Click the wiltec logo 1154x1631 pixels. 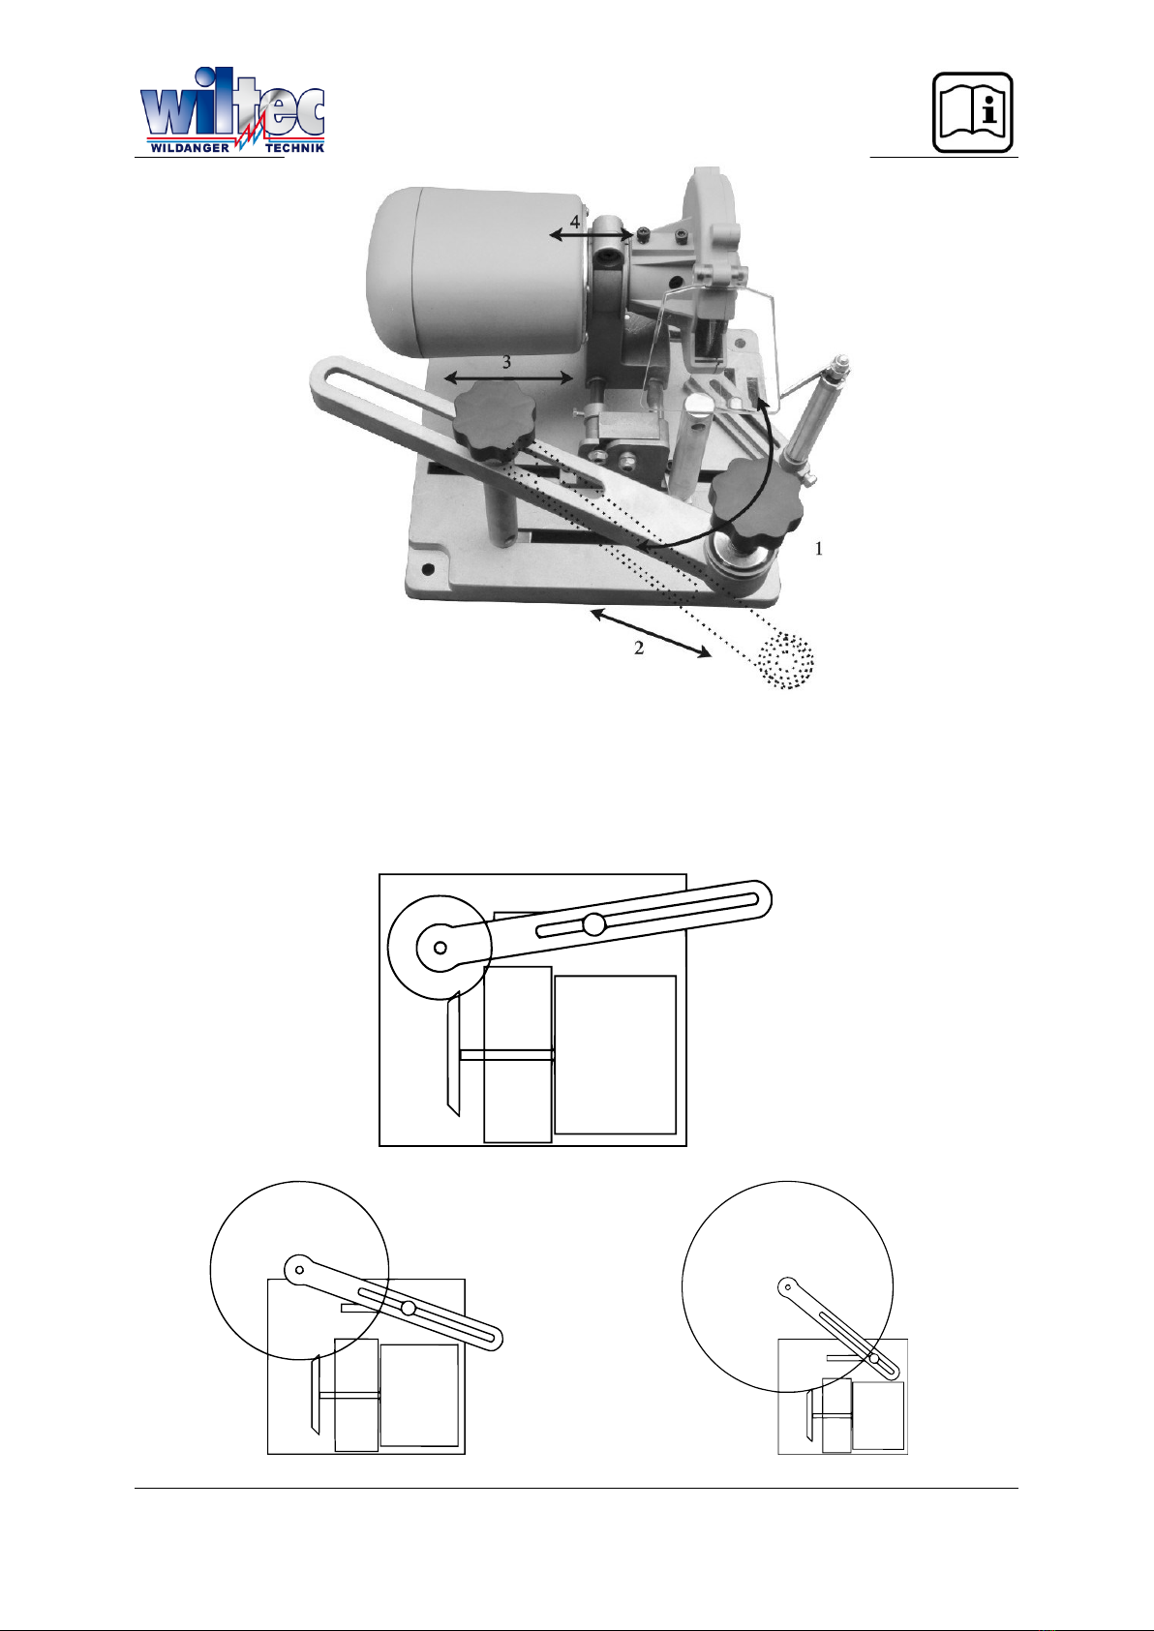[232, 110]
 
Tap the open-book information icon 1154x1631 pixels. [973, 112]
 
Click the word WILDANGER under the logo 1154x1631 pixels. [190, 148]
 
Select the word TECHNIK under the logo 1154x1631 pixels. [295, 148]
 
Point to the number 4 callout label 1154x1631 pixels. [574, 221]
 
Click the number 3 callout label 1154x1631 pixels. [506, 361]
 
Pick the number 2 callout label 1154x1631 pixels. [639, 648]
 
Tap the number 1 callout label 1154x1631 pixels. [818, 548]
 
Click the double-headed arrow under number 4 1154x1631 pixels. [592, 234]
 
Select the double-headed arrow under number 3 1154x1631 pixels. [509, 378]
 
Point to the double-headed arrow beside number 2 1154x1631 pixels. [651, 633]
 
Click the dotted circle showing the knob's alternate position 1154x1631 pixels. [785, 660]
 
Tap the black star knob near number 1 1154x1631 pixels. [756, 499]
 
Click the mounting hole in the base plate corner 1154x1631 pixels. [428, 568]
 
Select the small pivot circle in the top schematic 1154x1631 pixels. [440, 948]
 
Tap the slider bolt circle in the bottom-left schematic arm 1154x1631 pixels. [409, 1309]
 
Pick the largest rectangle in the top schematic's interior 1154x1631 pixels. [615, 1054]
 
